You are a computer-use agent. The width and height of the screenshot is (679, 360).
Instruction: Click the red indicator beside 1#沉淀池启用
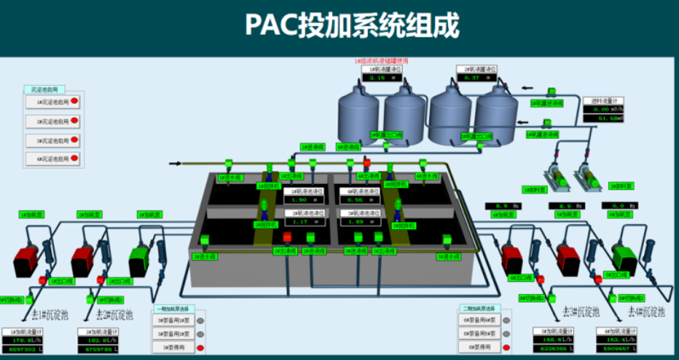[75, 102]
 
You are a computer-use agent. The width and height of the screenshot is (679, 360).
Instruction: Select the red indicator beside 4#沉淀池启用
[75, 157]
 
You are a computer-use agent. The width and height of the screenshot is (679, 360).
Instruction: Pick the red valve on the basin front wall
[287, 237]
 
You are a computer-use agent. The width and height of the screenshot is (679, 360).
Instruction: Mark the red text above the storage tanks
[381, 62]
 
